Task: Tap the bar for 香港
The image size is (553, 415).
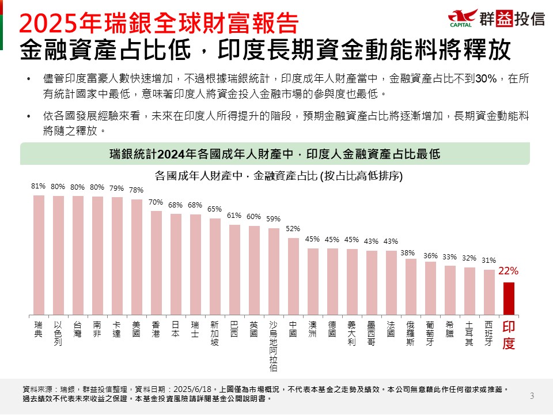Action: (x=156, y=262)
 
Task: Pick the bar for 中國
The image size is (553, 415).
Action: (x=293, y=276)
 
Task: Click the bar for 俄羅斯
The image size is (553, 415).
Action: (x=411, y=286)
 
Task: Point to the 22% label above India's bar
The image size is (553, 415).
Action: (x=509, y=271)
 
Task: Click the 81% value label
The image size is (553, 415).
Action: (x=39, y=186)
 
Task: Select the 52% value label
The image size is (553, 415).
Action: (x=293, y=228)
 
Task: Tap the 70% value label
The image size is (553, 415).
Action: (x=156, y=202)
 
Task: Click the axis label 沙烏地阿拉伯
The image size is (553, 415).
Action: (x=274, y=345)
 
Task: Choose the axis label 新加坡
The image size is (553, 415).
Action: (x=215, y=333)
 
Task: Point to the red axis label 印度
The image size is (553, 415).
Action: (x=509, y=335)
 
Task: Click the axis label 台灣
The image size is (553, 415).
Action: (x=78, y=329)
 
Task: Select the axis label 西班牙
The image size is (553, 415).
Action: (x=489, y=333)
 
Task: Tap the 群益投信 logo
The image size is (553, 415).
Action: (x=497, y=18)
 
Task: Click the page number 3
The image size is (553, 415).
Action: (x=532, y=395)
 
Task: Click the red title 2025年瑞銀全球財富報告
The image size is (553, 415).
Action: (x=159, y=23)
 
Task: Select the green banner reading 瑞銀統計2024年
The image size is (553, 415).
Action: (x=275, y=154)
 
